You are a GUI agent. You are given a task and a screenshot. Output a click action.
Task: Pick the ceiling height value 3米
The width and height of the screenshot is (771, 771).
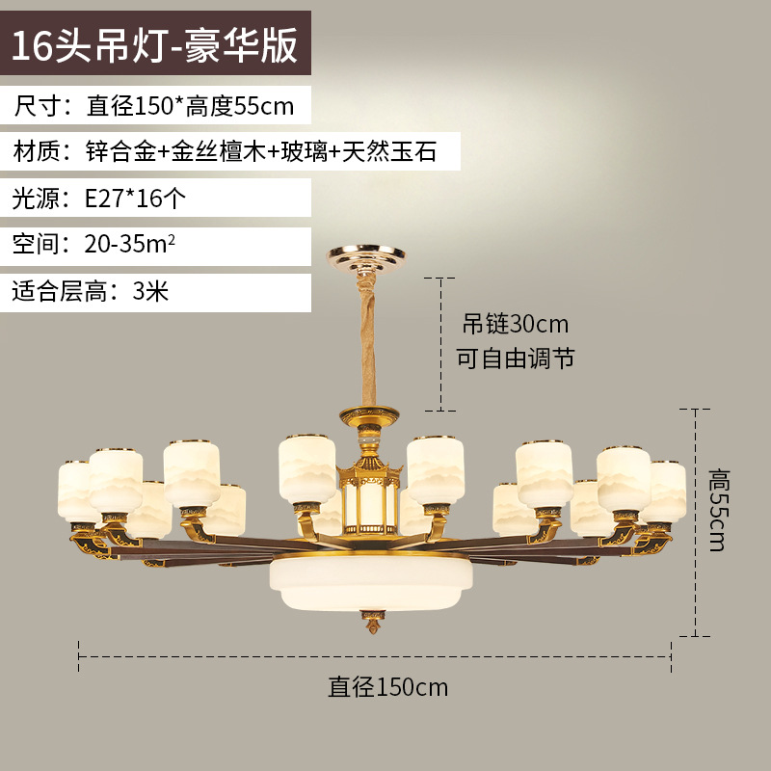pyautogui.click(x=150, y=291)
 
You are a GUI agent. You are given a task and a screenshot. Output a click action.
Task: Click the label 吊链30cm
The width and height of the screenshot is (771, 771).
pyautogui.click(x=516, y=322)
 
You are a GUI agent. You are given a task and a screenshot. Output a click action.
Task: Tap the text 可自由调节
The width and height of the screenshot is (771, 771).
pyautogui.click(x=516, y=359)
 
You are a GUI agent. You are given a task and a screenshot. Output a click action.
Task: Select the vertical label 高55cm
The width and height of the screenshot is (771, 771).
pyautogui.click(x=718, y=510)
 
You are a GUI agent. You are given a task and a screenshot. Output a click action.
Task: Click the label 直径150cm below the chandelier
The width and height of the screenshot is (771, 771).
pyautogui.click(x=387, y=687)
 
